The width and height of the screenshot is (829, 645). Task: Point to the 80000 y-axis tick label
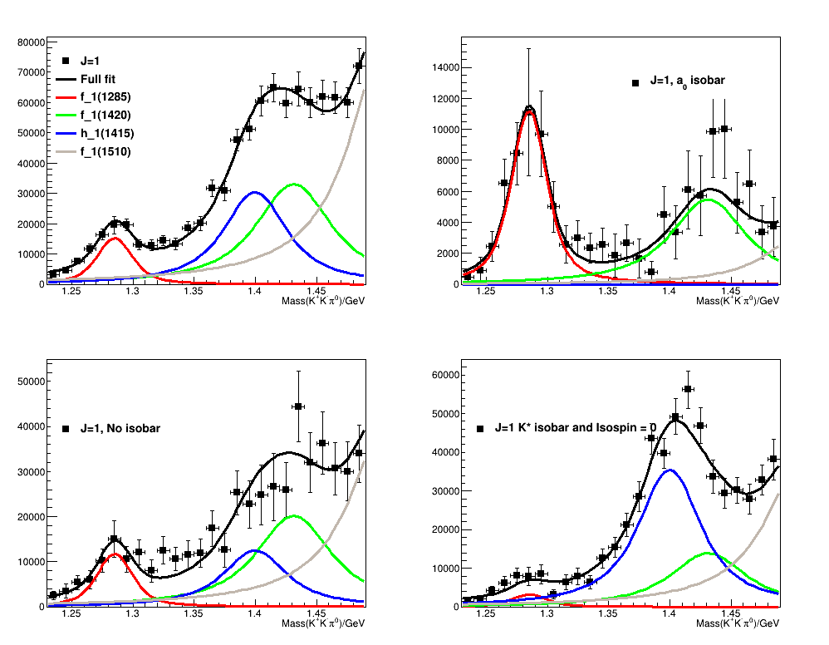pos(30,42)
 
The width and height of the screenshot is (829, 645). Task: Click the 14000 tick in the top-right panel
pos(447,68)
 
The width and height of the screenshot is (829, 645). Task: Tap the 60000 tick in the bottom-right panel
pos(447,376)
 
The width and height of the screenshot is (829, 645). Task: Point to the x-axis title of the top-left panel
pos(323,300)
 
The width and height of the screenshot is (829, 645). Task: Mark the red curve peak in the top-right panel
pos(529,111)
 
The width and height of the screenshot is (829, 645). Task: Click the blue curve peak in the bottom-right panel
pos(670,470)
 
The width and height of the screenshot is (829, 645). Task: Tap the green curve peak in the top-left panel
pos(294,184)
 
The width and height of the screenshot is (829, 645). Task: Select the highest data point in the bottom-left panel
pos(298,406)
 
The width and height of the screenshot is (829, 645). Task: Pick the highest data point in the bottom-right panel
pos(688,389)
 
